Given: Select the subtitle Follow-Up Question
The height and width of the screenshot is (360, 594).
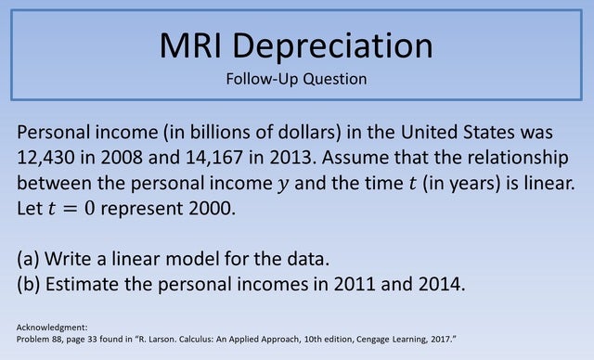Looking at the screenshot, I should pos(296,79).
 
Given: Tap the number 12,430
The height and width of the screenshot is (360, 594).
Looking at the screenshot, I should pos(53,155).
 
